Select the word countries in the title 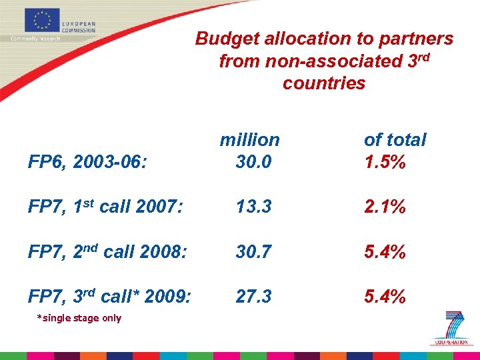point(324,83)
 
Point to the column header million point(250,140)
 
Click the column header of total point(395,140)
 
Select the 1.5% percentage point(385,162)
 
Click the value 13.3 point(253,207)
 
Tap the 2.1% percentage point(385,207)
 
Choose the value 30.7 point(253,251)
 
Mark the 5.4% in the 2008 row point(385,251)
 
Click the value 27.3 point(253,296)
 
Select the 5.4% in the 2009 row point(385,296)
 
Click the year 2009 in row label point(168,297)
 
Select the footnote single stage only point(80,318)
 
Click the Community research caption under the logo point(35,38)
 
